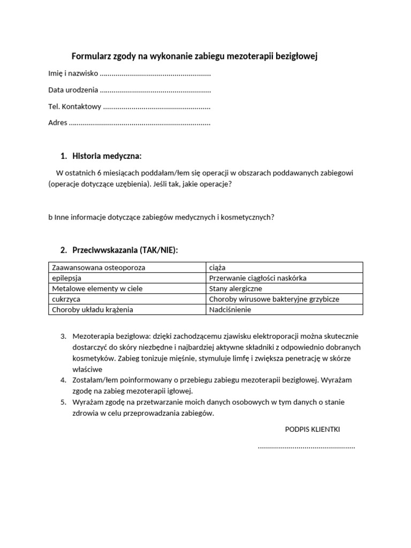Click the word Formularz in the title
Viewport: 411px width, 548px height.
click(93, 56)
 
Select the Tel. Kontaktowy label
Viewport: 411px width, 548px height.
click(74, 106)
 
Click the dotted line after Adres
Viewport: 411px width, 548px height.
click(140, 123)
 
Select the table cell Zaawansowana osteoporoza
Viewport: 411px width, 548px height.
click(98, 267)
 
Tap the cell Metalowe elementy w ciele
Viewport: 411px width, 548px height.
click(97, 288)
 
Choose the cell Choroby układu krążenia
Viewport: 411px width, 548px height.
click(92, 309)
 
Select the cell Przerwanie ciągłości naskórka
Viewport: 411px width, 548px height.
click(257, 278)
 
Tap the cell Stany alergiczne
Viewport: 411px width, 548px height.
click(235, 288)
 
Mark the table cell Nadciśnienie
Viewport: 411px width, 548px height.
click(230, 309)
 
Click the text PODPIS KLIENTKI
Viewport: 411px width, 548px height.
click(313, 429)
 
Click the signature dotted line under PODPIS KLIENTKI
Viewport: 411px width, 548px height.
click(306, 446)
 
